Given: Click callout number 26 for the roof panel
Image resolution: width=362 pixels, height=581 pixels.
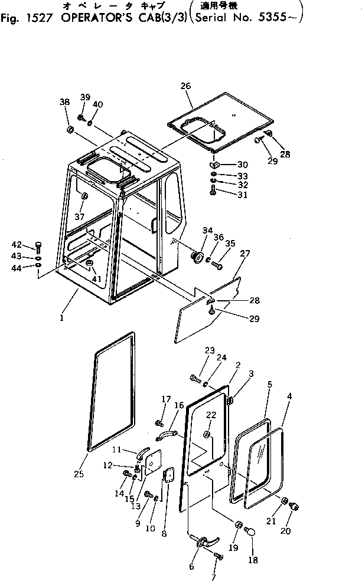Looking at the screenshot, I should (x=186, y=86).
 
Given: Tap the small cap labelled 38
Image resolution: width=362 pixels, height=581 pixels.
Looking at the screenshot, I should (x=69, y=129).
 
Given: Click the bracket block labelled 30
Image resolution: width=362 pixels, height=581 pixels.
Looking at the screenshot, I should (x=216, y=165).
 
